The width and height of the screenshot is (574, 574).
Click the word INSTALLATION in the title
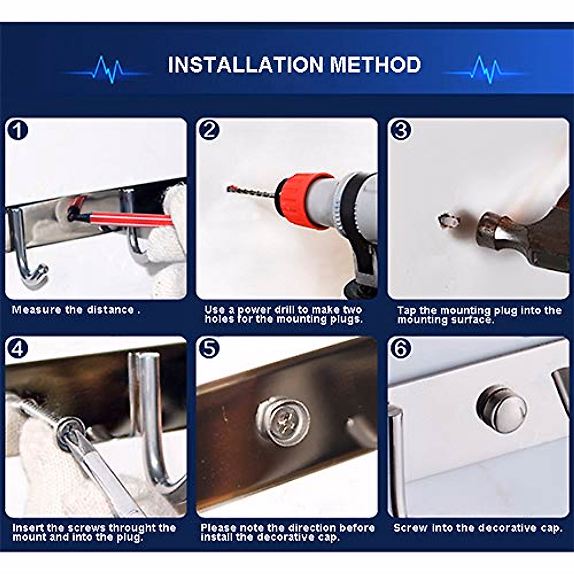245,65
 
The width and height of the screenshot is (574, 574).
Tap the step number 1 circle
18,131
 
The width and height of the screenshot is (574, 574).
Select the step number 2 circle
209,131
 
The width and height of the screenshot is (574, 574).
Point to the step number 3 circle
401,131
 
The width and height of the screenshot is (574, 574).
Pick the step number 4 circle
18,349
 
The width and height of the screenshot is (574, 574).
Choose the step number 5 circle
209,349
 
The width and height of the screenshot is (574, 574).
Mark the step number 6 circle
401,349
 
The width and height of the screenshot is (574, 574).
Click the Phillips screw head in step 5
283,420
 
